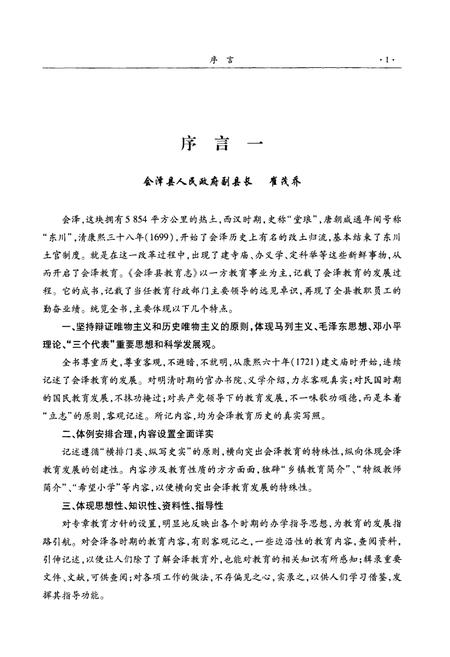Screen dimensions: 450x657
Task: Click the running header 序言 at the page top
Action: coord(225,61)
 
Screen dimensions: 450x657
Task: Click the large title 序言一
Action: coord(224,142)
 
